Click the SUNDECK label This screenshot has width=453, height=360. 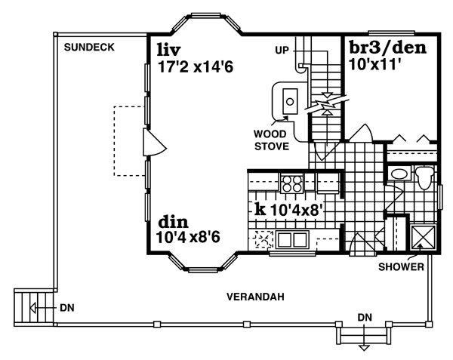pyautogui.click(x=89, y=47)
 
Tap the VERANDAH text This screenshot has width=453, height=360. pyautogui.click(x=255, y=297)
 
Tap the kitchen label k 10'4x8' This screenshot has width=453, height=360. pyautogui.click(x=290, y=209)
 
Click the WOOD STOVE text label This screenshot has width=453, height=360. pyautogui.click(x=271, y=140)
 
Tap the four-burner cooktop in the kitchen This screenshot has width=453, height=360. pyautogui.click(x=291, y=183)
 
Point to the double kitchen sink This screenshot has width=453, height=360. pyautogui.click(x=291, y=241)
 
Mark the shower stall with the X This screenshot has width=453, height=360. pyautogui.click(x=421, y=237)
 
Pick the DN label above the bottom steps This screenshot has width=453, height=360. pyautogui.click(x=365, y=316)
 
